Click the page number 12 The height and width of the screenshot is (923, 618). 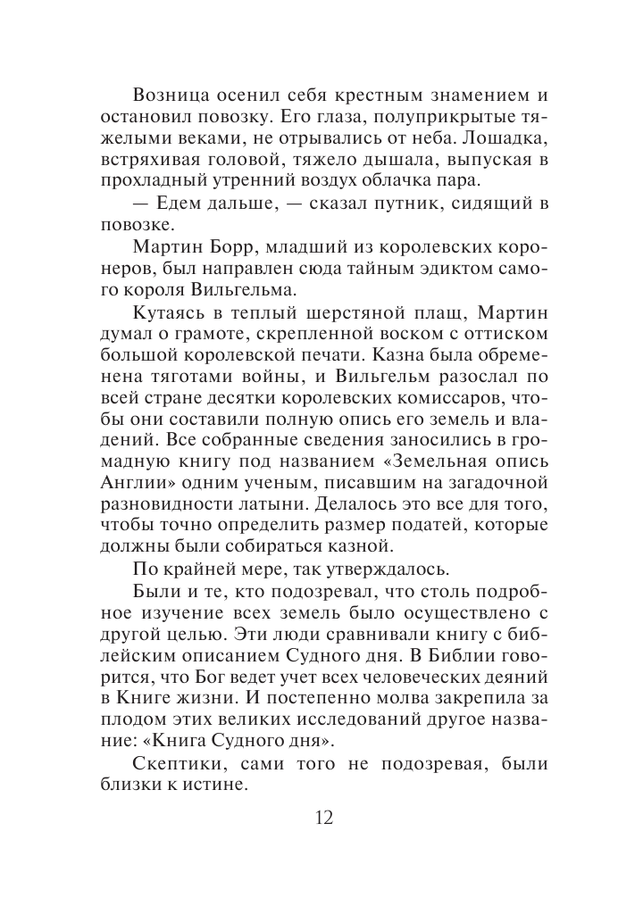pyautogui.click(x=322, y=819)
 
